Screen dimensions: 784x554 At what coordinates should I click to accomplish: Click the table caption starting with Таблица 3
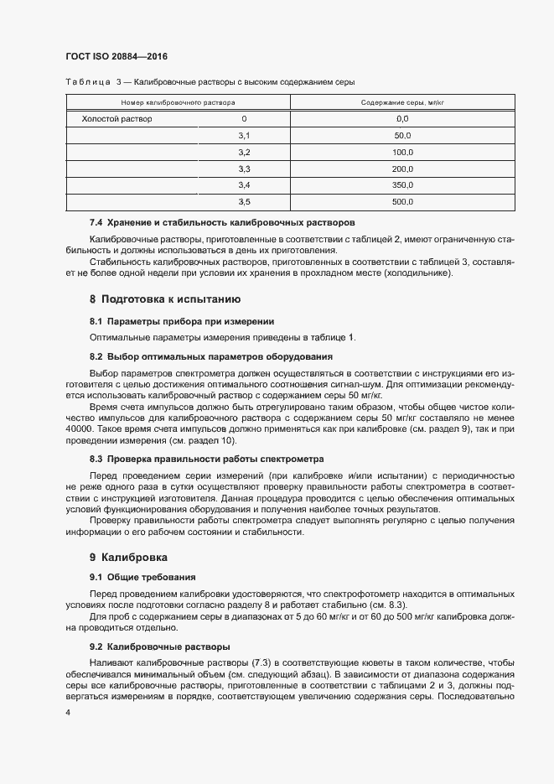210,82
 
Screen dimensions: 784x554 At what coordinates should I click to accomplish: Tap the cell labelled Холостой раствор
116,119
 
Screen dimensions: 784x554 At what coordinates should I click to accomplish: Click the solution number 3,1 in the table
244,136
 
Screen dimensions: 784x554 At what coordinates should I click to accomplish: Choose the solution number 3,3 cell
244,169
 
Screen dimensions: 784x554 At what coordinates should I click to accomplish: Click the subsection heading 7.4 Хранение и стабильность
222,223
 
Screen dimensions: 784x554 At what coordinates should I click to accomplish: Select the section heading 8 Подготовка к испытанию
165,299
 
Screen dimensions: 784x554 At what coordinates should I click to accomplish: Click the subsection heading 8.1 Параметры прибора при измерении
182,321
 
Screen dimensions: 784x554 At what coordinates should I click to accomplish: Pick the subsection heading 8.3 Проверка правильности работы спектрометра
206,459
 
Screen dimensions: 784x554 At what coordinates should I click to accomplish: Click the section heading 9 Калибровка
128,557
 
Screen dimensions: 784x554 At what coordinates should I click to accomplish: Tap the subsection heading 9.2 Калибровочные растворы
159,647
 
